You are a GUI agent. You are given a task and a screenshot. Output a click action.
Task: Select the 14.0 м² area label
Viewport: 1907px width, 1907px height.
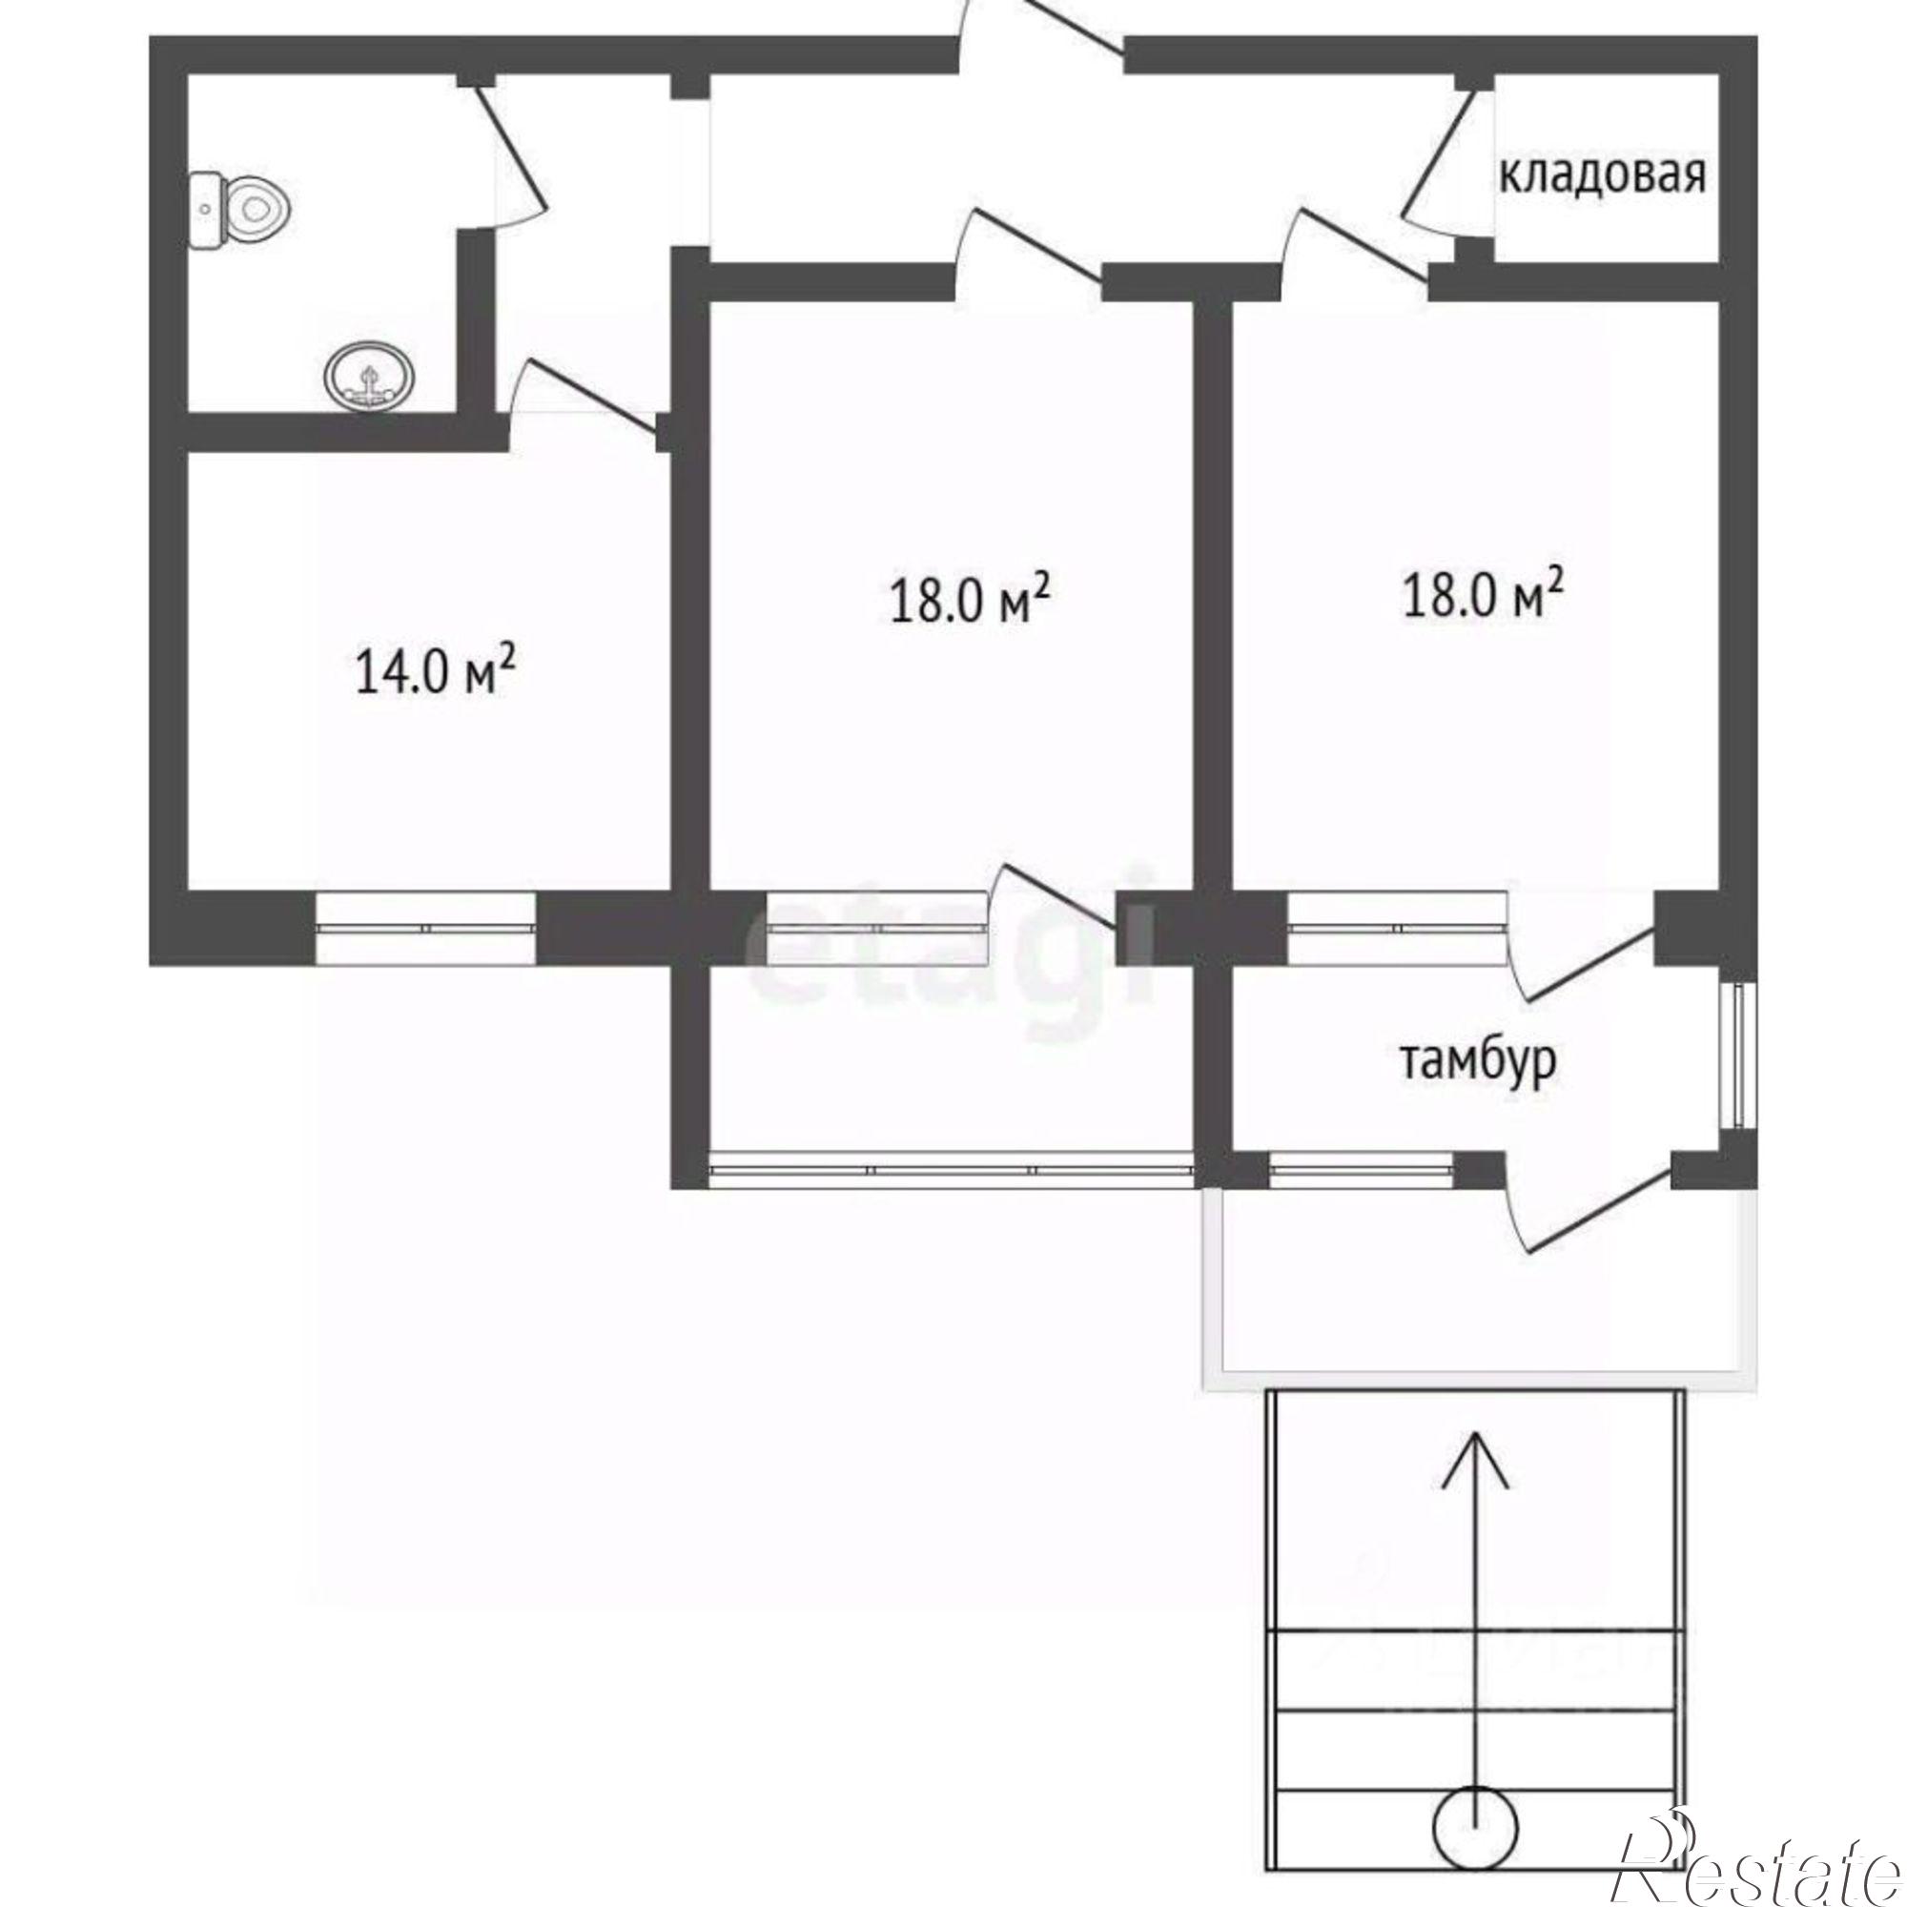click(436, 670)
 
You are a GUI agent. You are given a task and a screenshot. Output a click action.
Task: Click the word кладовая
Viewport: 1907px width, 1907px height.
click(1602, 176)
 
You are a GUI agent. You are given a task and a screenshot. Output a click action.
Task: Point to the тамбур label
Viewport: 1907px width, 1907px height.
click(1479, 1061)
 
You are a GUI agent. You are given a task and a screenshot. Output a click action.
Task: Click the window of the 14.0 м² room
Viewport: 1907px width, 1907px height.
click(426, 928)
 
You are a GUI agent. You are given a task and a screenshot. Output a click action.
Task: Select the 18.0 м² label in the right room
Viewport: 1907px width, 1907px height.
click(1483, 590)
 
